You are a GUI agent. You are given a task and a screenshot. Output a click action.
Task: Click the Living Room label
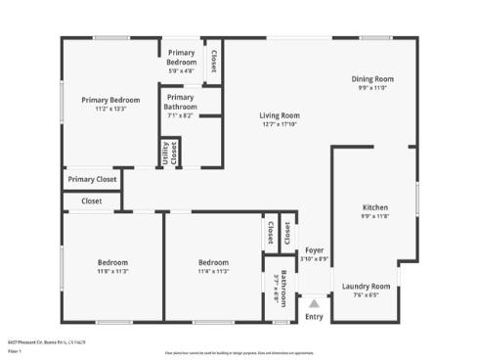pyautogui.click(x=279, y=115)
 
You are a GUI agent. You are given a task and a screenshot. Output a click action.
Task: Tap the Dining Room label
pyautogui.click(x=372, y=79)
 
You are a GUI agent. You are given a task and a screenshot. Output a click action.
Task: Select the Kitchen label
pyautogui.click(x=375, y=207)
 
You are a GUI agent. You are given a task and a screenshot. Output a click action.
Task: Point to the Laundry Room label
pyautogui.click(x=366, y=287)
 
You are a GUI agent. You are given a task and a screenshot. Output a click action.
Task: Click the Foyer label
pyautogui.click(x=314, y=250)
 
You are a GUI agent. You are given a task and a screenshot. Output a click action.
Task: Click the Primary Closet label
pyautogui.click(x=93, y=180)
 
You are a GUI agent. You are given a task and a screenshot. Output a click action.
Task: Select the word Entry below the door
pyautogui.click(x=314, y=316)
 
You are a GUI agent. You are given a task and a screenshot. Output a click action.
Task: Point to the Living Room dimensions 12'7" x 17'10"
pyautogui.click(x=279, y=124)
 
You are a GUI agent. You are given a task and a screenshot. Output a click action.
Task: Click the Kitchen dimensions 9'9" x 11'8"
pyautogui.click(x=375, y=216)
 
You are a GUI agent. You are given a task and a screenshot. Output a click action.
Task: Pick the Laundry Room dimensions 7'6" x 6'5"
pyautogui.click(x=366, y=294)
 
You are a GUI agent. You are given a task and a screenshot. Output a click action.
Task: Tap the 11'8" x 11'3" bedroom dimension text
pyautogui.click(x=111, y=271)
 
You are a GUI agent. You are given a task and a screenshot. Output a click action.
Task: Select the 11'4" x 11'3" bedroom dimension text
pyautogui.click(x=213, y=271)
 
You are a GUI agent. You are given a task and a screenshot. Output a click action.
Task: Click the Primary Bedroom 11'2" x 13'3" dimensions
pyautogui.click(x=110, y=109)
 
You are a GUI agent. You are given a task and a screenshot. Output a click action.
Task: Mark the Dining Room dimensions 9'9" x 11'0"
pyautogui.click(x=372, y=88)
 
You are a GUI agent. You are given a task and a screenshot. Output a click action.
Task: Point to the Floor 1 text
pyautogui.click(x=14, y=350)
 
